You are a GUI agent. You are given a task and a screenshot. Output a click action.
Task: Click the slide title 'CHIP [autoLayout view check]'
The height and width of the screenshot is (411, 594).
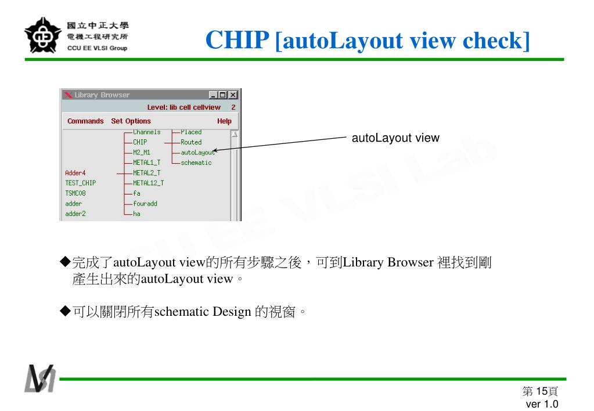[368, 40]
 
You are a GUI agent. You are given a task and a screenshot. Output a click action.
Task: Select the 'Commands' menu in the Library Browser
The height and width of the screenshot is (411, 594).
[85, 121]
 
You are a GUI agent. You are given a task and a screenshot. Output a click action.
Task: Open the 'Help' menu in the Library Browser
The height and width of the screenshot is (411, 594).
[224, 121]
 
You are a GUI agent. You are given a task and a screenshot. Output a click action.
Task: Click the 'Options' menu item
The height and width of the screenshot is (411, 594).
[138, 121]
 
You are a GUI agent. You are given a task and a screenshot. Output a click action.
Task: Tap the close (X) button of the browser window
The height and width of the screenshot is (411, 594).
[233, 95]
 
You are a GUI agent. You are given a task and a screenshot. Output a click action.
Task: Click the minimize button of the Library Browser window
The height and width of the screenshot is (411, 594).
[214, 95]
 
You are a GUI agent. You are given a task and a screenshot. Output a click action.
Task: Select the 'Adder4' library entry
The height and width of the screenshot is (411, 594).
[75, 172]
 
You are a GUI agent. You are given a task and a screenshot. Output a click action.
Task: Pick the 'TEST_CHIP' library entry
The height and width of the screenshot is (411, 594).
[80, 183]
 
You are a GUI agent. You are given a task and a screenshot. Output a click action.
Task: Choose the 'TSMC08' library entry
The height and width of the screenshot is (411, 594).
[75, 193]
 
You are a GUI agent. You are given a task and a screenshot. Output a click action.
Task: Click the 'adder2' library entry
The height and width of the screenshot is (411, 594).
[75, 214]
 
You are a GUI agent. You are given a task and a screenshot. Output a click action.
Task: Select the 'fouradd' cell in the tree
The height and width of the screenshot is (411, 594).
[145, 204]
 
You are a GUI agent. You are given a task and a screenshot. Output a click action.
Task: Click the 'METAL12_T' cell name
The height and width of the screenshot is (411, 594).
[148, 183]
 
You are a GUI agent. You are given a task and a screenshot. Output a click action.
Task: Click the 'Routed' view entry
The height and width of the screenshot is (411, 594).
[191, 142]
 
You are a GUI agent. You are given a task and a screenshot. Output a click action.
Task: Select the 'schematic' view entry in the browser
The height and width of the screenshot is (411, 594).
[196, 163]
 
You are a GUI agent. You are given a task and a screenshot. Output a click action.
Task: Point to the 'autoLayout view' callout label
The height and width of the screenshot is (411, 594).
[395, 138]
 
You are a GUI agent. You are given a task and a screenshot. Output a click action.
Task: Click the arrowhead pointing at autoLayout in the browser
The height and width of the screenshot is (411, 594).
[215, 150]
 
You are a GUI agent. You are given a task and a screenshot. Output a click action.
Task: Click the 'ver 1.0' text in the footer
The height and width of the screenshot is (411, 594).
[542, 404]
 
